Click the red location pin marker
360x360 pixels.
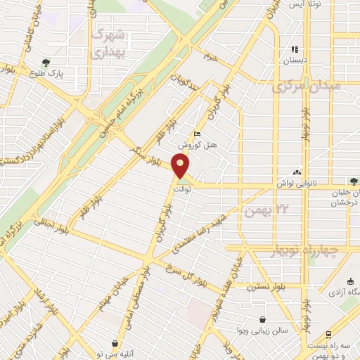181,167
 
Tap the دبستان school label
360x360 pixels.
295,61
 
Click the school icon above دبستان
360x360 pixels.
295,50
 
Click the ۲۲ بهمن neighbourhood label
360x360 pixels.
266,210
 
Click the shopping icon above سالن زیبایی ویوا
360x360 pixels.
262,319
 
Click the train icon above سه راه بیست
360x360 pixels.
327,335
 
